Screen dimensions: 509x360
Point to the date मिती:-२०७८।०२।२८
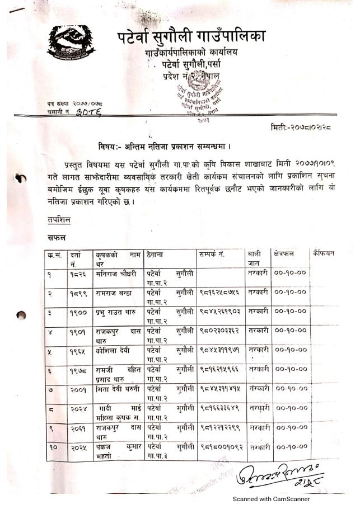pyautogui.click(x=300, y=128)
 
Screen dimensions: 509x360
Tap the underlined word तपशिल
pyautogui.click(x=58, y=220)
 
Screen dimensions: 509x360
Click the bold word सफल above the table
pyautogui.click(x=57, y=239)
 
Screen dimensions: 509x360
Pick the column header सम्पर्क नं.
pyautogui.click(x=212, y=254)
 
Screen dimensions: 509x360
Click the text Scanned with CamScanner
pyautogui.click(x=272, y=499)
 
